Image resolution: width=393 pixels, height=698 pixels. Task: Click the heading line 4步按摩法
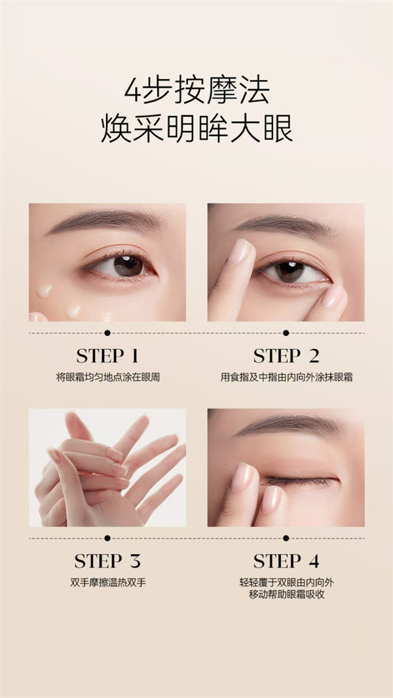[196, 90]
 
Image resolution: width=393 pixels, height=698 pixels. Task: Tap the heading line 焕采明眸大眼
[196, 128]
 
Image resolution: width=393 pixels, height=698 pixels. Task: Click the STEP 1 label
[107, 356]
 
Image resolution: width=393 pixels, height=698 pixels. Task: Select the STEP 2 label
[286, 356]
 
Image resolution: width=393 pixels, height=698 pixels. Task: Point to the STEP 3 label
[107, 561]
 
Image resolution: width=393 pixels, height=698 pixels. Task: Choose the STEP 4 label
[286, 561]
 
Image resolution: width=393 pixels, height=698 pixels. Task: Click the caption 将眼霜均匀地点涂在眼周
[107, 378]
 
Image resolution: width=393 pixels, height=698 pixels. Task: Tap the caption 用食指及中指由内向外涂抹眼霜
[286, 378]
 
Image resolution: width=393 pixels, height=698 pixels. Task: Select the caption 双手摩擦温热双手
[107, 583]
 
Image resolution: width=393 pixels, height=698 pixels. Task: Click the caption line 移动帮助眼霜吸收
[286, 595]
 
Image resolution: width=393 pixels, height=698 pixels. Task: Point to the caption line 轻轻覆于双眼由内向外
[286, 583]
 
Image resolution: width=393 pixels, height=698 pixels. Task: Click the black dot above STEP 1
[107, 333]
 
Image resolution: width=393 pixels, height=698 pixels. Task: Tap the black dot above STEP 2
[286, 333]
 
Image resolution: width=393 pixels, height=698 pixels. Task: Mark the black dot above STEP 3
[107, 538]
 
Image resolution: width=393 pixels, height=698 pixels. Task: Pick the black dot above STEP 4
[286, 538]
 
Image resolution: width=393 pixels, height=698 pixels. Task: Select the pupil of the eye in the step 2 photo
[290, 272]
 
